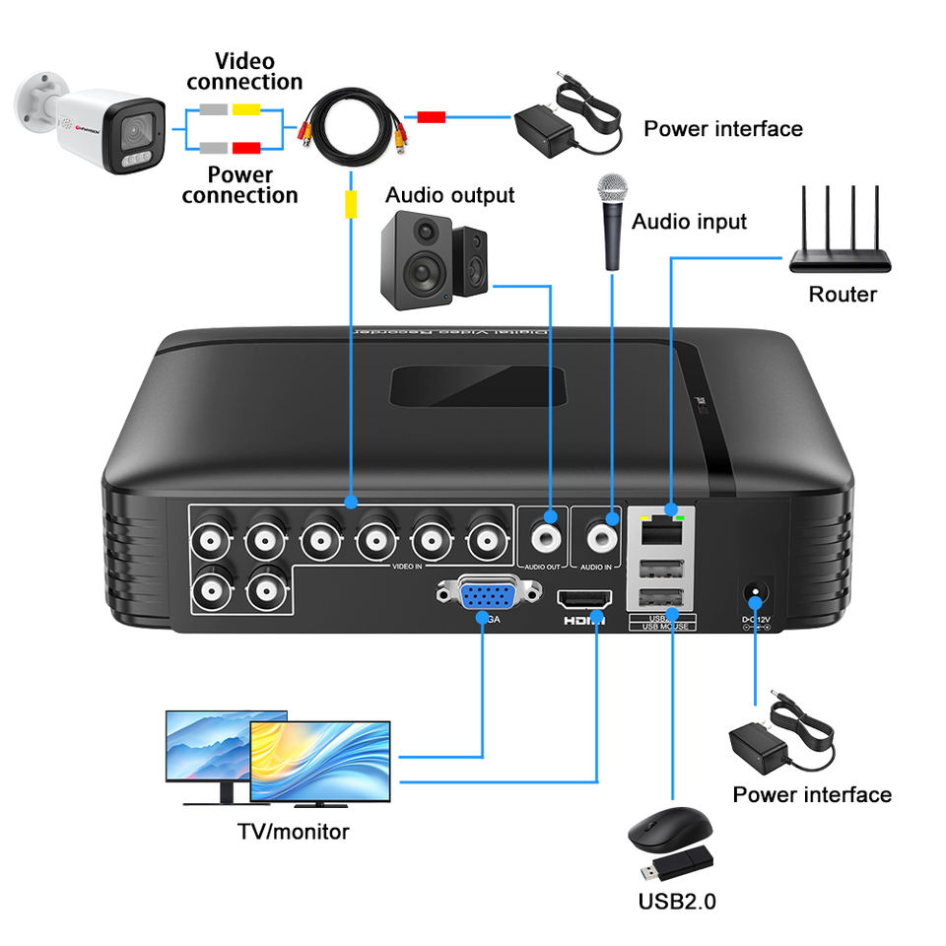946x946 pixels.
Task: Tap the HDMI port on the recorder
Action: (x=585, y=600)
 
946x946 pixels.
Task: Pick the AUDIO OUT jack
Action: (x=544, y=536)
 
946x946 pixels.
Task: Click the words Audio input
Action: (x=689, y=221)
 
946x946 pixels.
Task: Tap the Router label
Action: (x=843, y=294)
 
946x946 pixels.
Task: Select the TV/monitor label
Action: (x=294, y=831)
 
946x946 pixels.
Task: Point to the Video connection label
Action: (x=244, y=72)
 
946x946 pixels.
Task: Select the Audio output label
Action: (x=449, y=194)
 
